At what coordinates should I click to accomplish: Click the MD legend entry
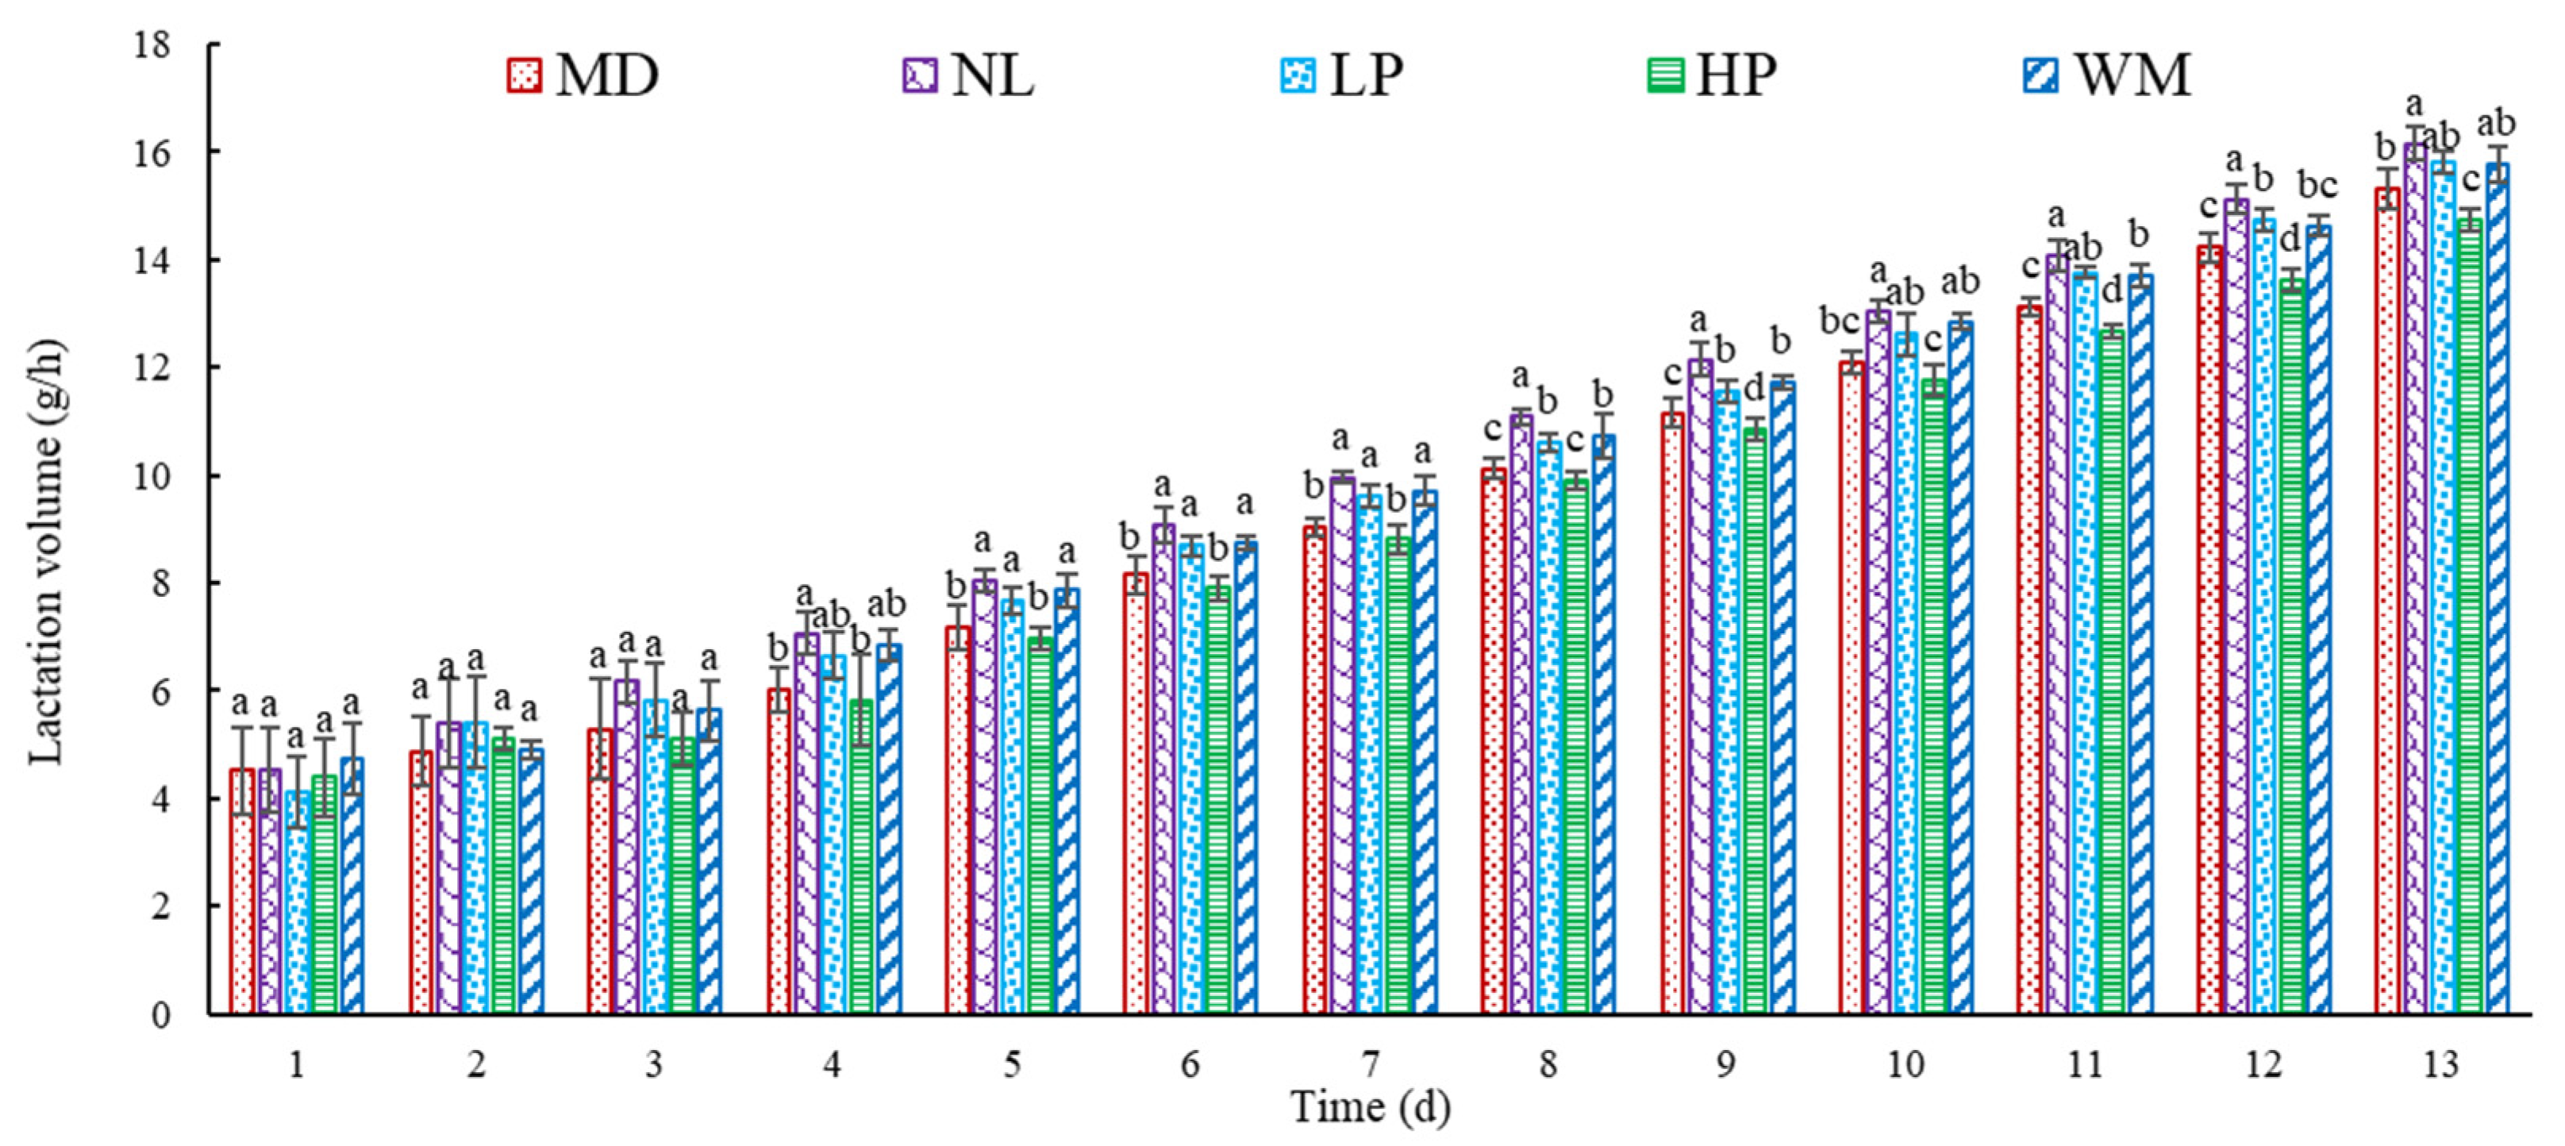coord(583,75)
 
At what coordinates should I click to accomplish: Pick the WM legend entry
coord(2106,75)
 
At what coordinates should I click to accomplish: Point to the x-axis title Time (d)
coord(1370,1107)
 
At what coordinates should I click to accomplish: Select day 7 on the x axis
coord(1370,1065)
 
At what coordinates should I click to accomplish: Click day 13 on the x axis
coord(2440,1065)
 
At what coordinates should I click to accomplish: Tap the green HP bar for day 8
coord(1575,747)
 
